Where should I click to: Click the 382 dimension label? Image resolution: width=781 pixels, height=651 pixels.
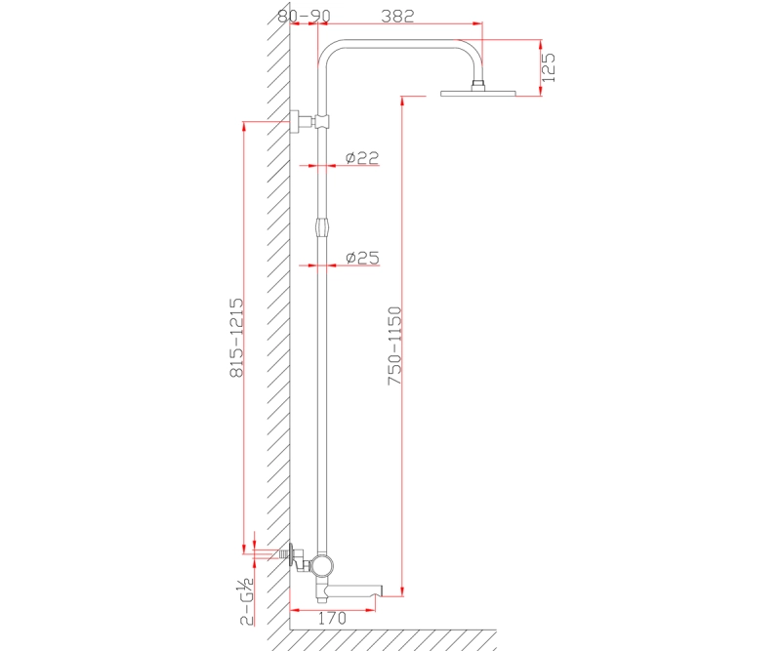tap(397, 16)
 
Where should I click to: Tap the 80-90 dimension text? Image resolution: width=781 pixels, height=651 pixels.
tap(304, 16)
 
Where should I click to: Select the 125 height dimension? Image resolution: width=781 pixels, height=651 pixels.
tap(548, 67)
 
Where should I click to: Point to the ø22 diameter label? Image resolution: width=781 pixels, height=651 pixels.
tap(362, 157)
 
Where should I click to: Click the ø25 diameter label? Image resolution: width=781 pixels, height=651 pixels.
tap(362, 258)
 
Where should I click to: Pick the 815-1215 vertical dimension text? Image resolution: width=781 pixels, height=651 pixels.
tap(236, 338)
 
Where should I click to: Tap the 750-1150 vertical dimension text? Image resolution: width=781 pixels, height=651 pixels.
tap(394, 346)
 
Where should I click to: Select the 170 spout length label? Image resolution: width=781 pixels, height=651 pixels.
tap(332, 618)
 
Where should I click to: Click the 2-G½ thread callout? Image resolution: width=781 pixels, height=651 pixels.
tap(247, 601)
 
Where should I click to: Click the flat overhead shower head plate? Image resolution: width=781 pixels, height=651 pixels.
tap(478, 93)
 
